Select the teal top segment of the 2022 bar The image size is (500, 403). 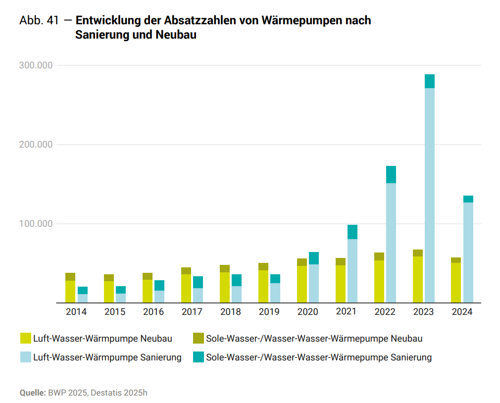coord(391,174)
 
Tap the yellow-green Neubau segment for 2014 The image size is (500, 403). coord(70,292)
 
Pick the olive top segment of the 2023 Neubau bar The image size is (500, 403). coord(417,253)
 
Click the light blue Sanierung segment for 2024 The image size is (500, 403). coord(468,252)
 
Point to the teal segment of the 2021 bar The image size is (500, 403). coord(352,232)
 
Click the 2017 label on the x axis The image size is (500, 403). coord(192,312)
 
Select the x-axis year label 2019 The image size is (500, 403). coord(269,312)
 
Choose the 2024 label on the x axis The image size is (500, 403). coord(462,312)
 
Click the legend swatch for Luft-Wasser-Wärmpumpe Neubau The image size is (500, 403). coord(26,339)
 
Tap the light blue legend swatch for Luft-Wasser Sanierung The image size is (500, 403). coord(26,357)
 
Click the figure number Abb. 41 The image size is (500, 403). coord(39,21)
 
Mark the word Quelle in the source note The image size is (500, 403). coord(32,393)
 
